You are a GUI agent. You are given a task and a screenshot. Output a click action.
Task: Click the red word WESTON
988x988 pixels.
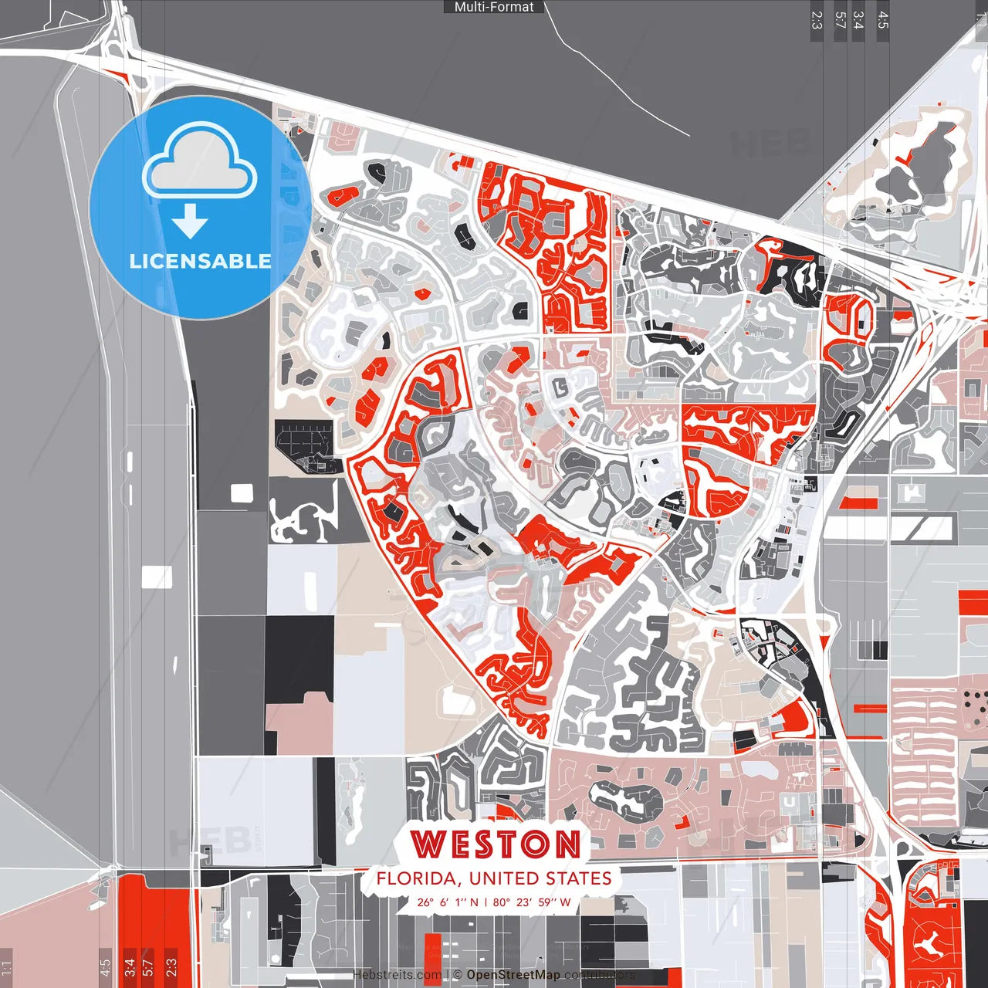point(495,844)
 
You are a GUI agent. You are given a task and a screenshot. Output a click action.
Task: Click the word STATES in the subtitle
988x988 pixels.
point(578,878)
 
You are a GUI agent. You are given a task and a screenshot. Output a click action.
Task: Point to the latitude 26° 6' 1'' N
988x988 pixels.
point(448,902)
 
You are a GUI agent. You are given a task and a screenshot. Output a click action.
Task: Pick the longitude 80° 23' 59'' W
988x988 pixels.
point(531,902)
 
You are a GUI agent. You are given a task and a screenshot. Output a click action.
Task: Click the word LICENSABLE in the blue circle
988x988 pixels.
point(200,261)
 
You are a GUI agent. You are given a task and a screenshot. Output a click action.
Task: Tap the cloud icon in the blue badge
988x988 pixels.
point(200,164)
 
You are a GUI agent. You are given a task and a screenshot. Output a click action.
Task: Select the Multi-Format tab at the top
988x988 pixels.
point(494,7)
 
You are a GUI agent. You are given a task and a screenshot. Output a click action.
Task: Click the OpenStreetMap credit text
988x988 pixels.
point(513,975)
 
